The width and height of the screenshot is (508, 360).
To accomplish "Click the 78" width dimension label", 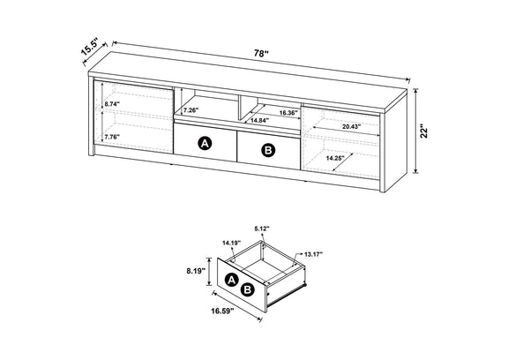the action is click(x=261, y=54).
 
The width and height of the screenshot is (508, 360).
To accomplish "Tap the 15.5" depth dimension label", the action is click(x=90, y=47).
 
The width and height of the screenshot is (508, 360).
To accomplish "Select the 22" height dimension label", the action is click(x=424, y=131).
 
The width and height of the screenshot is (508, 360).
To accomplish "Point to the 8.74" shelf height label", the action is click(x=112, y=104).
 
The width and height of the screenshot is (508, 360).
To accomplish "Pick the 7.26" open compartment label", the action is click(x=191, y=110).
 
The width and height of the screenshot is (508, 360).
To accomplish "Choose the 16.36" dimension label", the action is click(x=288, y=113).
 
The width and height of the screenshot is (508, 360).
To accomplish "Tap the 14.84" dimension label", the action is click(x=260, y=120).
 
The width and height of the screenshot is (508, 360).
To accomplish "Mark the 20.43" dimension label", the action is click(x=352, y=127).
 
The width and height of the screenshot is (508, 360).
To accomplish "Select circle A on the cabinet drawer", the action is click(x=205, y=143).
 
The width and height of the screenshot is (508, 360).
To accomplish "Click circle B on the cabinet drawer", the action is click(x=268, y=150).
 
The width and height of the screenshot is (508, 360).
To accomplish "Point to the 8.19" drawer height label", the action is click(x=196, y=271).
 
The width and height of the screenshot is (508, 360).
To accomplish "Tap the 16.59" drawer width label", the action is click(x=222, y=311).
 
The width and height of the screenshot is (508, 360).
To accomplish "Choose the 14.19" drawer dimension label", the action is click(x=232, y=243).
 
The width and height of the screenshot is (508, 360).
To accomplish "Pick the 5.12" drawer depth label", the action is click(x=262, y=229).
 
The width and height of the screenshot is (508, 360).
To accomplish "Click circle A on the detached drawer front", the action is click(x=231, y=279).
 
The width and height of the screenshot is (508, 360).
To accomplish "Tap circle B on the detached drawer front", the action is click(x=247, y=289).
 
